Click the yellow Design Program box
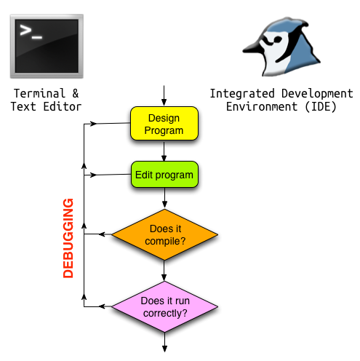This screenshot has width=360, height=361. [x=164, y=124]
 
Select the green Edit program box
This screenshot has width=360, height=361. [x=164, y=175]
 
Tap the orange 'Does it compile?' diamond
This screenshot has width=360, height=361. [x=164, y=234]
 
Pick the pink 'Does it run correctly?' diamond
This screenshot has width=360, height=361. [x=164, y=307]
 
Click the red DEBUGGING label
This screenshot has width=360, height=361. [x=68, y=238]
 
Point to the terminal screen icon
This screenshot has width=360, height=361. [x=47, y=46]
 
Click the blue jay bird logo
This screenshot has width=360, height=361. [x=281, y=47]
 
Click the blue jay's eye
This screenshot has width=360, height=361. [x=277, y=39]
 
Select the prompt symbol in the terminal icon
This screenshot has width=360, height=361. [x=31, y=32]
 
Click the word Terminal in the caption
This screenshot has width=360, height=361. [x=39, y=93]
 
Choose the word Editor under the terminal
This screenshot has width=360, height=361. [x=63, y=107]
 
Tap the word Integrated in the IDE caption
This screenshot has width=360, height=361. [x=242, y=94]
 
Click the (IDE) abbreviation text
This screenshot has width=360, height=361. [x=321, y=107]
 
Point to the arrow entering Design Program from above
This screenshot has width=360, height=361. [x=164, y=95]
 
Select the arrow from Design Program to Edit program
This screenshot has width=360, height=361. [x=164, y=151]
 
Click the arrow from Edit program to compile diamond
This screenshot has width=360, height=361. [x=164, y=198]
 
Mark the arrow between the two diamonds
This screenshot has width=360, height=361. [x=164, y=271]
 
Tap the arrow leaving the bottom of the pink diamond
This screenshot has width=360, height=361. [x=165, y=342]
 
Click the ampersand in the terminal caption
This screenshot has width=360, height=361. [x=76, y=93]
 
